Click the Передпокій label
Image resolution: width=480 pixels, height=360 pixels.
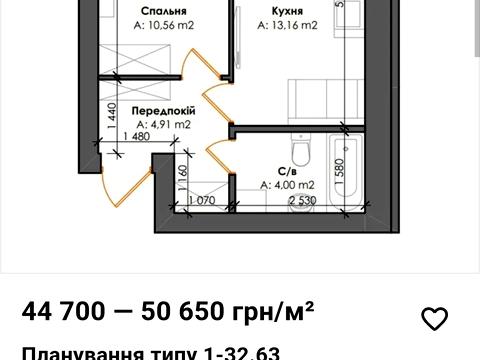tap(160, 112)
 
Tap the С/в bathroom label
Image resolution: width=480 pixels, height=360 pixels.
tap(284, 170)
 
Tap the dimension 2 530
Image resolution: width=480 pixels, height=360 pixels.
tap(303, 201)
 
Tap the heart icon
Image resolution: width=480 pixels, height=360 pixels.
tap(434, 318)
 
